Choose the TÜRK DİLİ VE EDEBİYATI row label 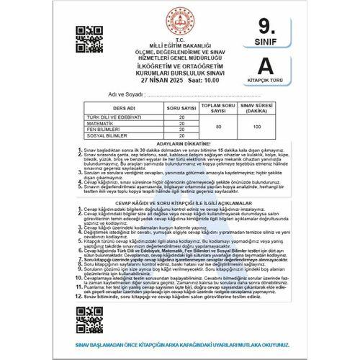[119, 116]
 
